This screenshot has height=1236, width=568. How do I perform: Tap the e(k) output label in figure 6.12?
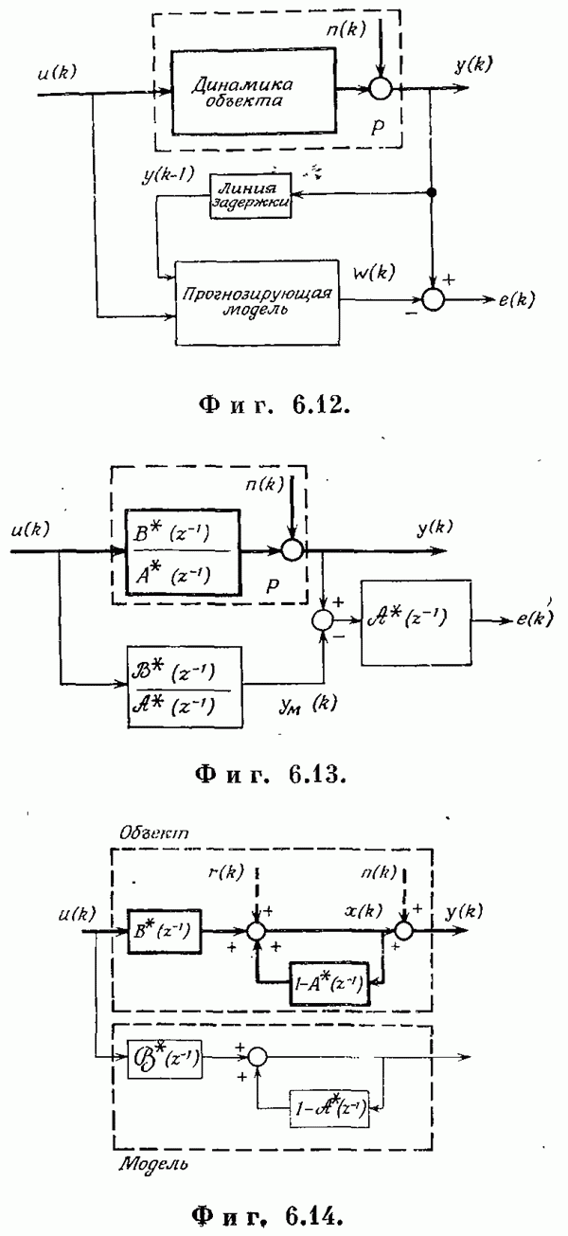(512, 301)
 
